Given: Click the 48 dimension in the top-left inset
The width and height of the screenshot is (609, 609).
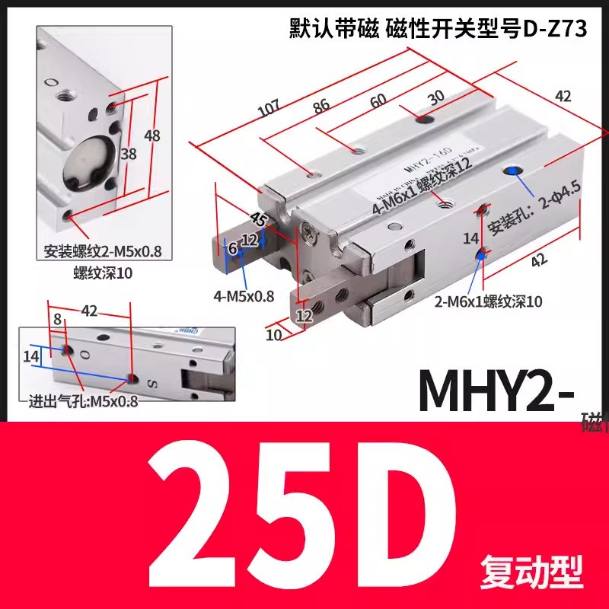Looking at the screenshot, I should [x=152, y=136].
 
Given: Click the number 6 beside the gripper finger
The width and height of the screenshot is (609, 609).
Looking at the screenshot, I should [x=233, y=249].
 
